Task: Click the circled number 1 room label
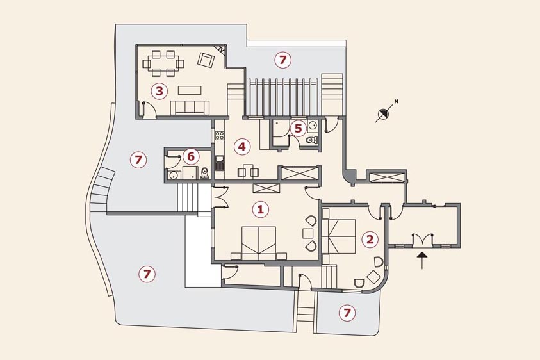[x=260, y=209]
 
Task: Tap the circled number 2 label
[x=370, y=239]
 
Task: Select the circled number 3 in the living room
[x=159, y=92]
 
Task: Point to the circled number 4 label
[x=241, y=147]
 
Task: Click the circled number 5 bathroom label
[x=298, y=128]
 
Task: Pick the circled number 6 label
[x=190, y=157]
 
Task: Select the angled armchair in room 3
[x=206, y=60]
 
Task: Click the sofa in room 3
[x=190, y=108]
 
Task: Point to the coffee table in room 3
[x=190, y=90]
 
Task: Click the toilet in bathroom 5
[x=312, y=140]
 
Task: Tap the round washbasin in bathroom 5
[x=313, y=125]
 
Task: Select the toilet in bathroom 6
[x=204, y=173]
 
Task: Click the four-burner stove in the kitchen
[x=219, y=136]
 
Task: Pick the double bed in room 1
[x=259, y=243]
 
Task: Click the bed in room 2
[x=340, y=236]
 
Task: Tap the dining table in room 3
[x=163, y=63]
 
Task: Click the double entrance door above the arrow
[x=421, y=240]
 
